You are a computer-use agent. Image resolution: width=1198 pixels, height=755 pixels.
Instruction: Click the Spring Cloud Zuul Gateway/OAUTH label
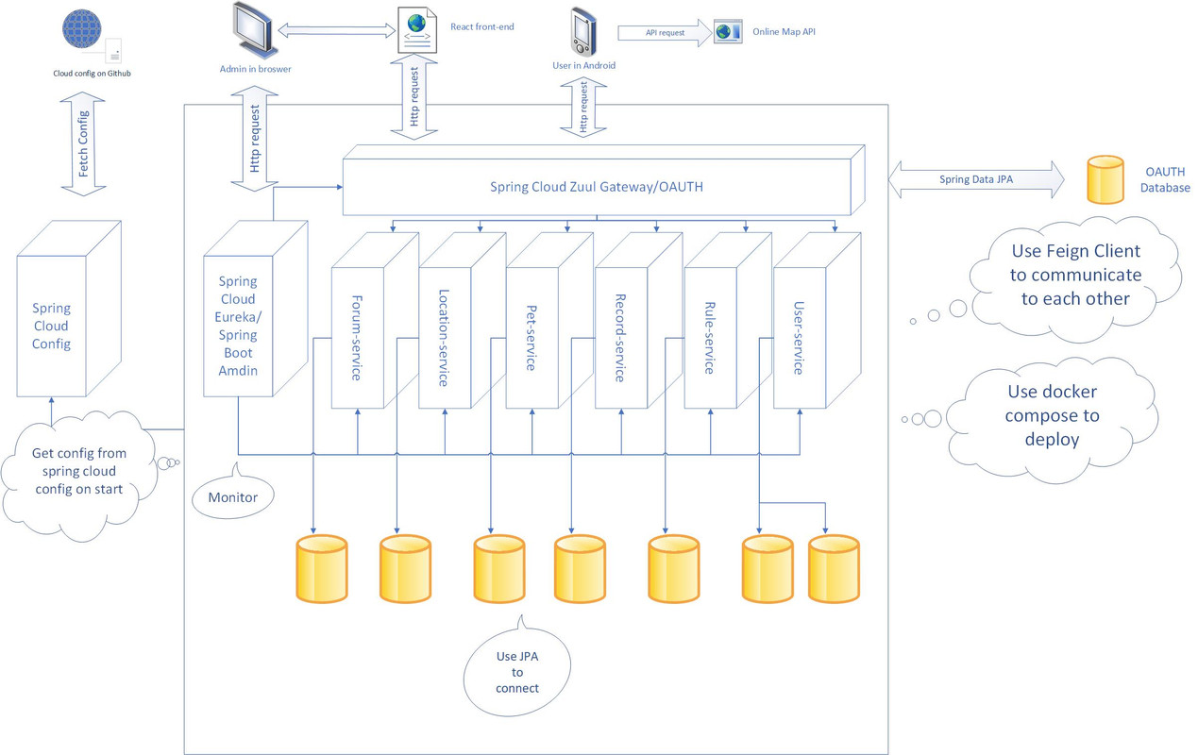tap(596, 187)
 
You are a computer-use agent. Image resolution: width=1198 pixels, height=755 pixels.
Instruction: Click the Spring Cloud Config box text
tap(51, 327)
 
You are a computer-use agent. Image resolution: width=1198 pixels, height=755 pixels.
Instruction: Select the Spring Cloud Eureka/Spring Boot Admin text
tap(238, 326)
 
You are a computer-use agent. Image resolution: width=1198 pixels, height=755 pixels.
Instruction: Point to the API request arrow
tap(664, 33)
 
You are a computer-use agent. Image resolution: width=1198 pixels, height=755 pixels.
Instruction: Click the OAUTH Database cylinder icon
tap(1105, 180)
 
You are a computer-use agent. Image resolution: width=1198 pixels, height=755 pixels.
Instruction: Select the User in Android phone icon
tap(583, 32)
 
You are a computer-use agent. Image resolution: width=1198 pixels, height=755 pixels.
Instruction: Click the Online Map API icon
tap(728, 32)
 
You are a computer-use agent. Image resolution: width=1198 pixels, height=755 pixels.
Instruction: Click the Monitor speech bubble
tap(232, 496)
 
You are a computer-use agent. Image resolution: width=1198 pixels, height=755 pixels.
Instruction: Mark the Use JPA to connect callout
tap(516, 671)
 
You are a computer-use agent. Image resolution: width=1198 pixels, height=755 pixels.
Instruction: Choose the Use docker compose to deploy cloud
tap(1052, 415)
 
